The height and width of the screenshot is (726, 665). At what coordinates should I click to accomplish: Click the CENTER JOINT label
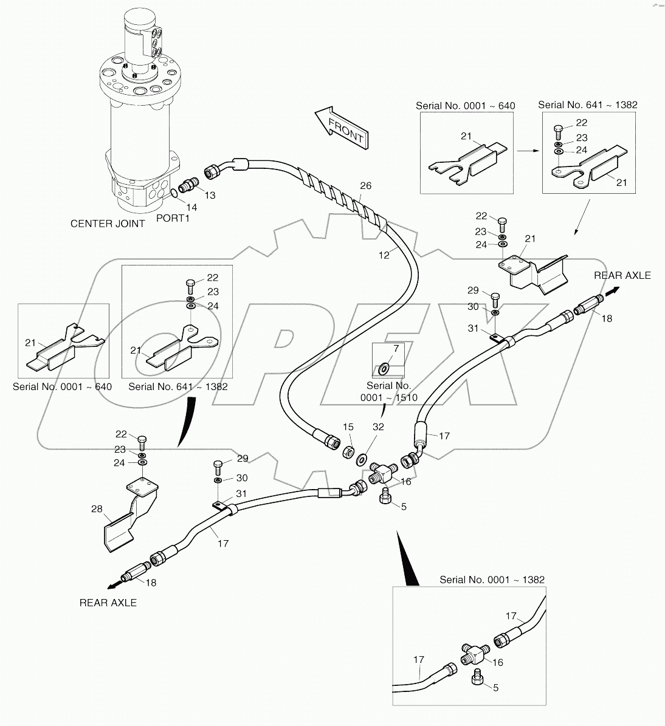(x=108, y=224)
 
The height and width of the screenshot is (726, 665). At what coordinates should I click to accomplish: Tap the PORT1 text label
(x=173, y=217)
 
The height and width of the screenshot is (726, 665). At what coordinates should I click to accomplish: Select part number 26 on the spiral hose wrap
(x=365, y=186)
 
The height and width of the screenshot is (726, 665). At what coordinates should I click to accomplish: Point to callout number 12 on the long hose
(x=384, y=256)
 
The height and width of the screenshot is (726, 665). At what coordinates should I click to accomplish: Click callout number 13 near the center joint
(x=209, y=195)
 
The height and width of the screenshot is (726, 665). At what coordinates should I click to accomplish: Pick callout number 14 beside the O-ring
(x=191, y=207)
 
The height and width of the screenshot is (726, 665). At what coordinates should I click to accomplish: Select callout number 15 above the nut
(x=348, y=427)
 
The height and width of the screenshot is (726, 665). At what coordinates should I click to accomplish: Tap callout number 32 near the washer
(x=378, y=427)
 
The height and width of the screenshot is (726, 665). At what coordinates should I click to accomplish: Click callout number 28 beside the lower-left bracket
(x=97, y=509)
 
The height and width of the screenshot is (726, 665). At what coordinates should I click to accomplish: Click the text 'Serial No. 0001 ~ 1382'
(x=492, y=580)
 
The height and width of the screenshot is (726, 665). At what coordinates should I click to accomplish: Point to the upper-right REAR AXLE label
(x=622, y=275)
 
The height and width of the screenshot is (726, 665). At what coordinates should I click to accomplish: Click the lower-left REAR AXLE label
(x=108, y=603)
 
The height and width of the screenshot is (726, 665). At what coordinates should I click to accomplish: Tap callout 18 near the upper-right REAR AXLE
(x=606, y=318)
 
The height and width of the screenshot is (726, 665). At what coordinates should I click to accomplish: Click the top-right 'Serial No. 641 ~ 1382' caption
(x=587, y=104)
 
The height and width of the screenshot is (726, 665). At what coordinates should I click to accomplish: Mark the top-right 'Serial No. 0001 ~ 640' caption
(x=465, y=106)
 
